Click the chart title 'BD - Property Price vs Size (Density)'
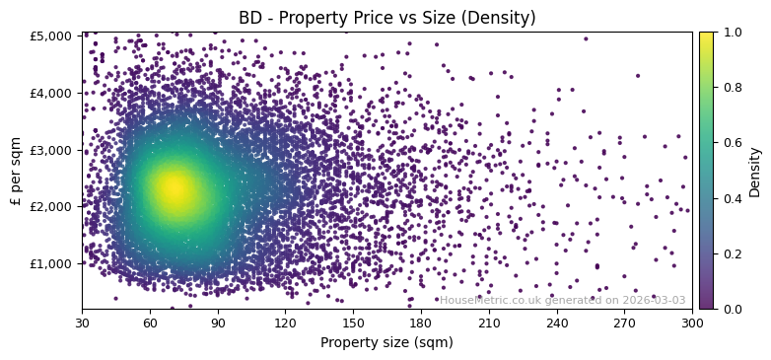(x=387, y=18)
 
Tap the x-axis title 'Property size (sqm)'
(x=386, y=343)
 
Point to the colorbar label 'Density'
(x=755, y=172)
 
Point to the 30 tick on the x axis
(x=82, y=323)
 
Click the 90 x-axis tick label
(x=218, y=323)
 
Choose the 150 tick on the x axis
(x=353, y=323)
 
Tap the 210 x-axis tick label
(x=489, y=323)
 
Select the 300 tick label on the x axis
(x=692, y=323)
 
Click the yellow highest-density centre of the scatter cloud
(x=174, y=187)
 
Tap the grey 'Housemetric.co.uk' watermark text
(x=562, y=301)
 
